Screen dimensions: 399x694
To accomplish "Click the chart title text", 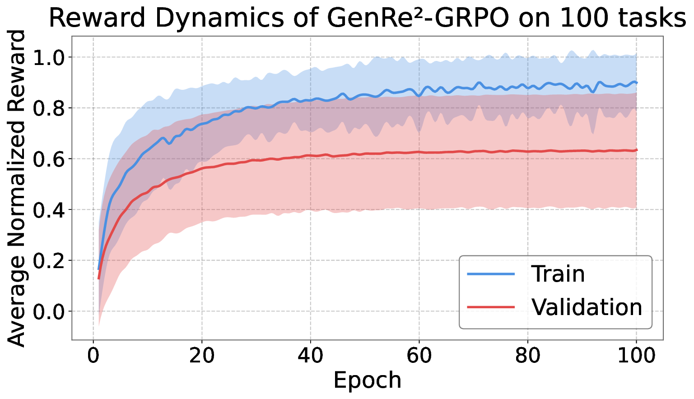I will (x=367, y=19).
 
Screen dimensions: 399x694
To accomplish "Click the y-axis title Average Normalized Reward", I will (x=17, y=188).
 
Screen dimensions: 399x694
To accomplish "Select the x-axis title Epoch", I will (x=367, y=380).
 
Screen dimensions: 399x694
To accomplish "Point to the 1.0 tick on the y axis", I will (x=51, y=57).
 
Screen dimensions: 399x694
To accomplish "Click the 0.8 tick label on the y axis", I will (x=51, y=108).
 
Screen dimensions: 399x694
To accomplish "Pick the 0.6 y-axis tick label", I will (x=51, y=159).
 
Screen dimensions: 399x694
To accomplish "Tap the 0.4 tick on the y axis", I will (x=51, y=210).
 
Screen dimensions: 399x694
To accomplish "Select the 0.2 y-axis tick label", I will (x=51, y=261).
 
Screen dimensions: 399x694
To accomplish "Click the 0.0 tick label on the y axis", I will (x=51, y=311).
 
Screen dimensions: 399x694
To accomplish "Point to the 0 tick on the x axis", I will (x=93, y=356).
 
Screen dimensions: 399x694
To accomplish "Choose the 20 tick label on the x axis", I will (x=202, y=356).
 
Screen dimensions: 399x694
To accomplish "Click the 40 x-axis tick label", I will (x=311, y=356).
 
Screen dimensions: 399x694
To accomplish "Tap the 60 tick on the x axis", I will (x=419, y=356).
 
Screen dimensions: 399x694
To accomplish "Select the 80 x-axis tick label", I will (x=528, y=356).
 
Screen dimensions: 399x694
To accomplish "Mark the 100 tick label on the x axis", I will (x=636, y=356).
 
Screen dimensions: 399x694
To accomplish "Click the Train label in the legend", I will (x=558, y=274).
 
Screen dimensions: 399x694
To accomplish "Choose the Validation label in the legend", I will (x=587, y=307).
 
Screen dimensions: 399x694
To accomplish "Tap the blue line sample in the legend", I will (x=491, y=274).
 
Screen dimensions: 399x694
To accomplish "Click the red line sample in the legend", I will (x=491, y=307).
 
